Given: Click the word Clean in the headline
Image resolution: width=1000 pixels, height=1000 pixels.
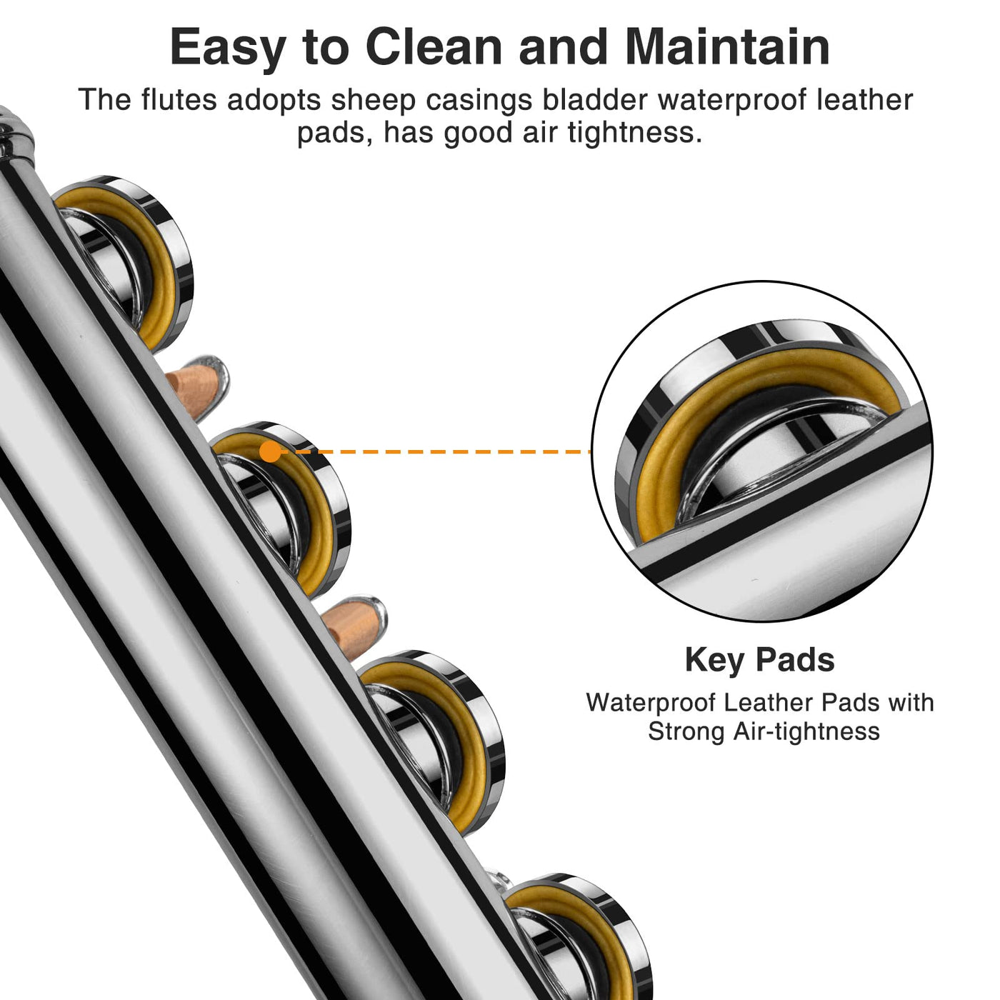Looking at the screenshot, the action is coord(434,47).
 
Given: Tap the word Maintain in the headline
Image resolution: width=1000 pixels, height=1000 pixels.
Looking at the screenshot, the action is coord(727,47).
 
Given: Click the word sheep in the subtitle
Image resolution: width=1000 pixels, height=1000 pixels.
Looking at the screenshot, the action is coord(373,101).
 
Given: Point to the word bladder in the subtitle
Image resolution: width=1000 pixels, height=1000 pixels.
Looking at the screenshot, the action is coord(595,99).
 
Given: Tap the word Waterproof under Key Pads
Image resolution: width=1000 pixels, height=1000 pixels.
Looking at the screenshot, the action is coord(651,703).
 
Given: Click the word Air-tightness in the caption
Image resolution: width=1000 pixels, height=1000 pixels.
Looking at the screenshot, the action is coord(806,732).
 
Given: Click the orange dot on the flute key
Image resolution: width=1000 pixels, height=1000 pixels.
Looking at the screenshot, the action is coord(269,451).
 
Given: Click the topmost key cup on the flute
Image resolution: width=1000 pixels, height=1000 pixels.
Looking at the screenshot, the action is coord(123,264).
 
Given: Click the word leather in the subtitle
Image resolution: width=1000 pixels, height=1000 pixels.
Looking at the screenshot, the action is coord(864,99).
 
